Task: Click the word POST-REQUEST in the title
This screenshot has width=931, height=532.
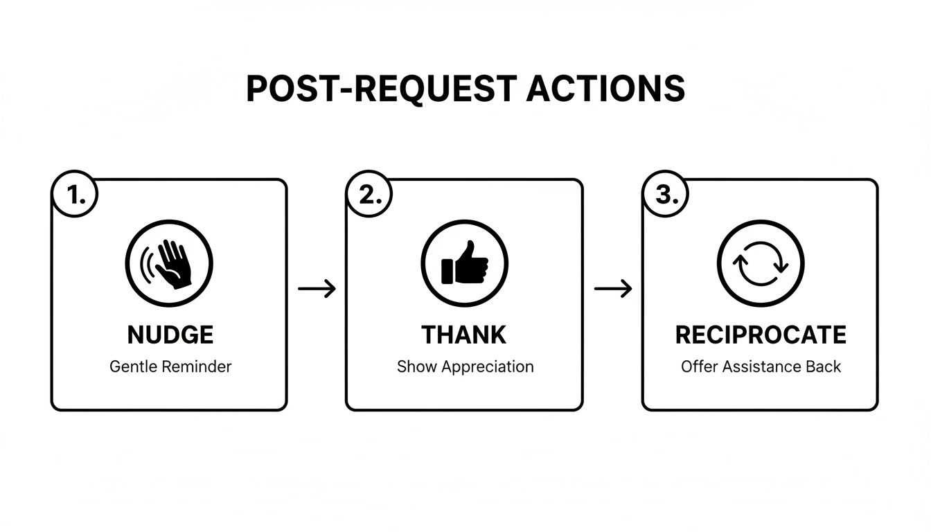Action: (381, 89)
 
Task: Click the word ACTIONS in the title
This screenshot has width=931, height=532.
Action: (605, 89)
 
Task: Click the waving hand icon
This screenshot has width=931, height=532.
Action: (169, 264)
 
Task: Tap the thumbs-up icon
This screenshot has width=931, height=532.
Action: (464, 264)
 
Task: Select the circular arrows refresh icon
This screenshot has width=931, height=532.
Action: (760, 264)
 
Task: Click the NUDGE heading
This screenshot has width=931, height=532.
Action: (170, 335)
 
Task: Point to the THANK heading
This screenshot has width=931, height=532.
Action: (464, 335)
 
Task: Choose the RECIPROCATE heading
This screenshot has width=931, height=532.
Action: (761, 335)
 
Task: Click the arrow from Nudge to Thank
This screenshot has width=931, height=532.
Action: (317, 288)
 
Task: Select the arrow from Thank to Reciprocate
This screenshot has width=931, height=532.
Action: (613, 288)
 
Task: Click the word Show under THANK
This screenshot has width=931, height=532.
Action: (416, 367)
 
